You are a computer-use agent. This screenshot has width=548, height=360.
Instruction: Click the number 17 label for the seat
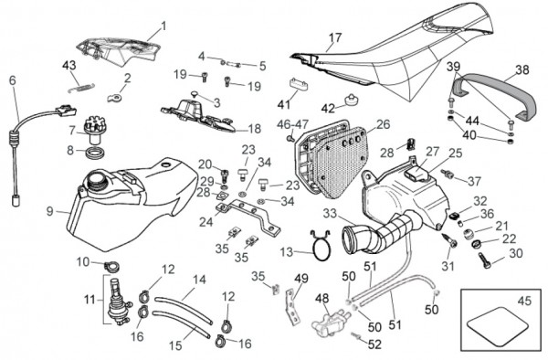335,37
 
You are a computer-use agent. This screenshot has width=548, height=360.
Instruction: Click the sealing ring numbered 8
95,153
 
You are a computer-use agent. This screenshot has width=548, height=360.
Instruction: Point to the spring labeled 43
81,88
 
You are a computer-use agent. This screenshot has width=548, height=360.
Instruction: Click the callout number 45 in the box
524,301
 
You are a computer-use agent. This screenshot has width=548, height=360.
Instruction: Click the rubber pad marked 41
299,84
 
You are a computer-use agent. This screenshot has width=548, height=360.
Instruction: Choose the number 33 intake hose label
330,213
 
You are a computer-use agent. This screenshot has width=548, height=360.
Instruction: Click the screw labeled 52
357,336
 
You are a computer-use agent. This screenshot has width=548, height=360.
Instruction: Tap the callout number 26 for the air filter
384,124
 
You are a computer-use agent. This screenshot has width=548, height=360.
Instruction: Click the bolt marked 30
485,261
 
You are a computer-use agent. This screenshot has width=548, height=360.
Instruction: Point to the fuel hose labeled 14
184,310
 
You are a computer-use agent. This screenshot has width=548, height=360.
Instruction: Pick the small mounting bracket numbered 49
293,306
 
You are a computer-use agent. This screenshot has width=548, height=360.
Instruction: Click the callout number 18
254,129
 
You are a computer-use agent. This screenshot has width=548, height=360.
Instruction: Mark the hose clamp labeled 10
111,266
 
